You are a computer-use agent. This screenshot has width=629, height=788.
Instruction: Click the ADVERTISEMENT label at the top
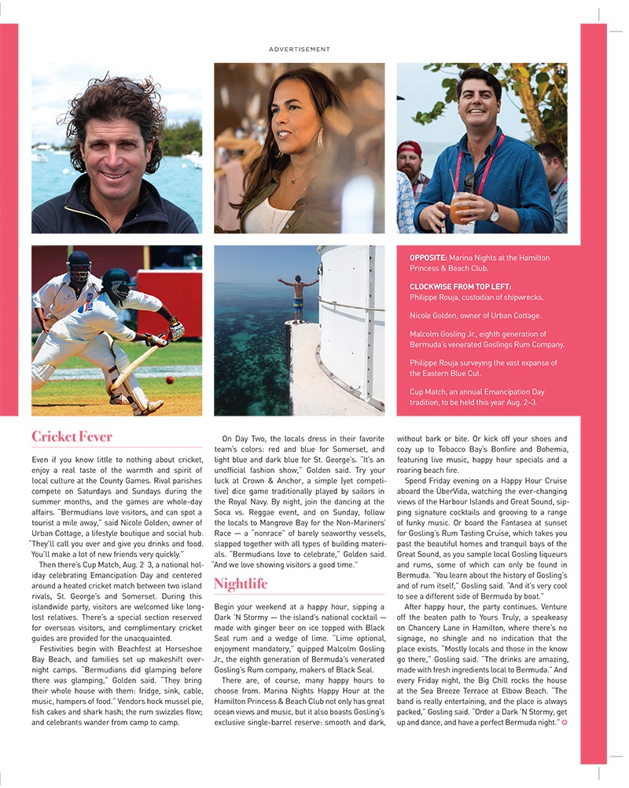(x=300, y=49)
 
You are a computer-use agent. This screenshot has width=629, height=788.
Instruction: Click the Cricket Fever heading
(x=72, y=436)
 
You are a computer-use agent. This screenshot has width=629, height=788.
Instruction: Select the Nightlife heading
(x=241, y=583)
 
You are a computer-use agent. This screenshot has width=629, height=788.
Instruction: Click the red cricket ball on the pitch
(x=170, y=379)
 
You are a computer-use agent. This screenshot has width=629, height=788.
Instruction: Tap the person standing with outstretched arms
(x=298, y=295)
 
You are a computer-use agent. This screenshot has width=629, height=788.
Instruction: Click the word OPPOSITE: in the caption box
(x=431, y=258)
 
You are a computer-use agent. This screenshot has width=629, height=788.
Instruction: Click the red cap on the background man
(x=409, y=148)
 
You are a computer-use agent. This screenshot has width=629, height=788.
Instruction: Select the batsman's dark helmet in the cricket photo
(x=116, y=279)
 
